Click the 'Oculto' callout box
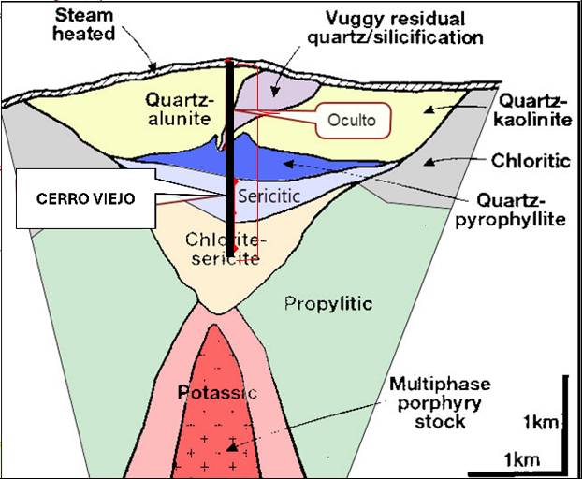[x=352, y=119]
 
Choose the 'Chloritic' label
[x=531, y=161]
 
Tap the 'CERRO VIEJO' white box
[x=85, y=198]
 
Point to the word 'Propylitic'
[x=327, y=303]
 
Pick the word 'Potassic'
[x=217, y=393]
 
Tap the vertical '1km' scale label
[x=542, y=424]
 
